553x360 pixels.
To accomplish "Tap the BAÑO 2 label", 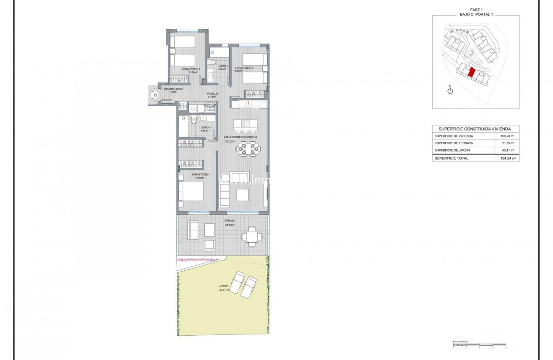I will pyautogui.click(x=223, y=66).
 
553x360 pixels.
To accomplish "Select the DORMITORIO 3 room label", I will pyautogui.click(x=244, y=68).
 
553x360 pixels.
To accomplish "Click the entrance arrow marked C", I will pyautogui.click(x=155, y=96).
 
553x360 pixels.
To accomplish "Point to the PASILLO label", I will pyautogui.click(x=213, y=93).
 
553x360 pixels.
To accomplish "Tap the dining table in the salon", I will pyautogui.click(x=247, y=148).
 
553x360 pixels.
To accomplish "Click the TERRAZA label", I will pyautogui.click(x=229, y=220).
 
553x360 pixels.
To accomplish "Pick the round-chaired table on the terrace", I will pyautogui.click(x=252, y=236).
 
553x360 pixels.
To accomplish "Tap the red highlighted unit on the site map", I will pyautogui.click(x=471, y=73).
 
